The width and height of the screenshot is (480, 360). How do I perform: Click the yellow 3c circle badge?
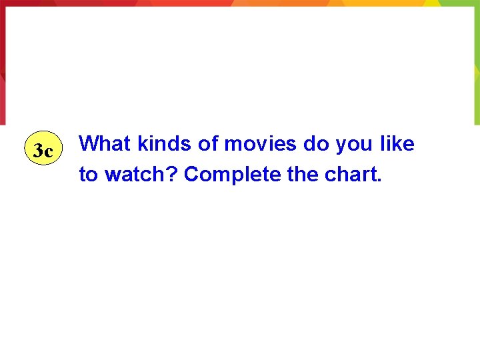[43, 151]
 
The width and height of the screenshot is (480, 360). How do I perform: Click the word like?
[397, 143]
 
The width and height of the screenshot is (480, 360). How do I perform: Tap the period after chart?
[380, 181]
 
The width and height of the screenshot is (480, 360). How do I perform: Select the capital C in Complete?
[191, 174]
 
